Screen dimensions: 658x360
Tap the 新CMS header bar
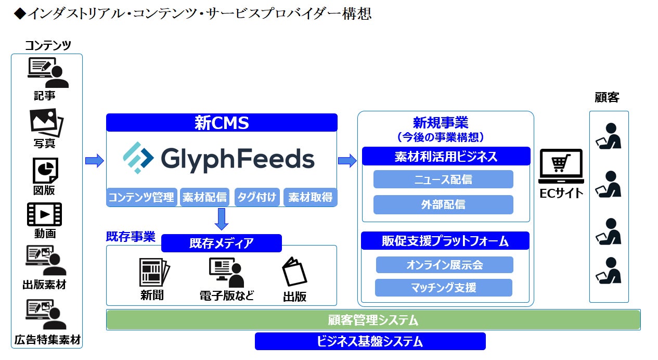coord(222,123)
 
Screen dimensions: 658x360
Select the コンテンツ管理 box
coord(142,198)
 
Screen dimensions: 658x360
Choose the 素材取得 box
coord(310,198)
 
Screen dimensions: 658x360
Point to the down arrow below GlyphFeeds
coord(222,219)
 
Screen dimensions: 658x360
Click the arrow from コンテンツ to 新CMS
coord(94,161)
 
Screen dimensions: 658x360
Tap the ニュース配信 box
coord(443,179)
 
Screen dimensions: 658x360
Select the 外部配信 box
coord(443,204)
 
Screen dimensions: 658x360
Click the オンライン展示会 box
coord(445,265)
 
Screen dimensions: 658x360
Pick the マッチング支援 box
coord(444,287)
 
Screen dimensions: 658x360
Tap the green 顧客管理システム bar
coord(373,320)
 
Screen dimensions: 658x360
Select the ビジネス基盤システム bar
coord(370,341)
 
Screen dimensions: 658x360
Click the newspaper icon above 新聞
coord(154,272)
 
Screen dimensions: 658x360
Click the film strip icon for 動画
coord(44,214)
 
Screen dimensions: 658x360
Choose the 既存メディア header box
coord(221,243)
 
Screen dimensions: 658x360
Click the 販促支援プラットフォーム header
coord(445,241)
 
